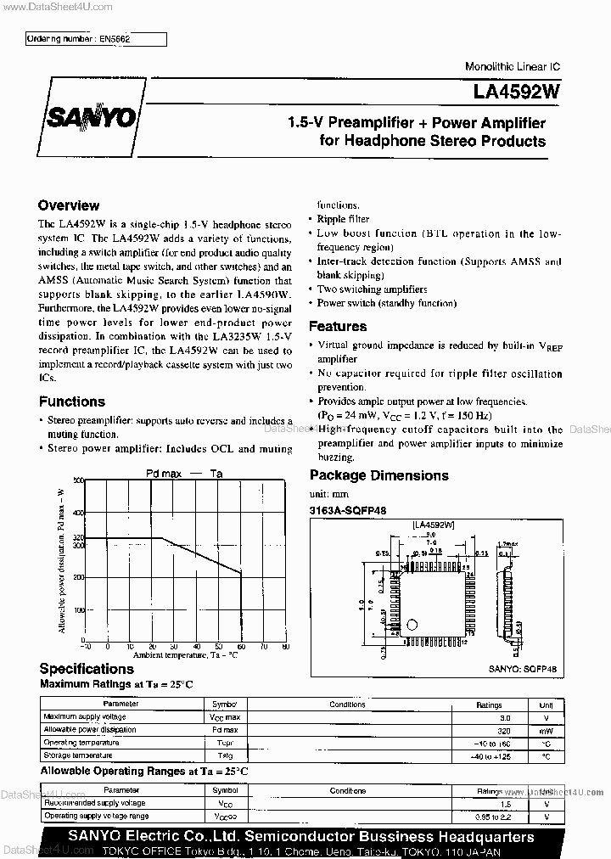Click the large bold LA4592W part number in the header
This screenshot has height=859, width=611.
517,88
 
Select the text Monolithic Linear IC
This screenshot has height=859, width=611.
512,66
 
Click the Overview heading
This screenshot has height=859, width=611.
69,205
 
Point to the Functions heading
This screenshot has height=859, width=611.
72,401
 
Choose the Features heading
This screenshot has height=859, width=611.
338,326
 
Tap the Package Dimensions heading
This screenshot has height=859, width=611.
378,475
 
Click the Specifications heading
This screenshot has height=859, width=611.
87,669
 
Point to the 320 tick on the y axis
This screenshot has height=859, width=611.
79,538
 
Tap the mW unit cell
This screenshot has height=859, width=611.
547,729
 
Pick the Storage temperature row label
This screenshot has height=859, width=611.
77,755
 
